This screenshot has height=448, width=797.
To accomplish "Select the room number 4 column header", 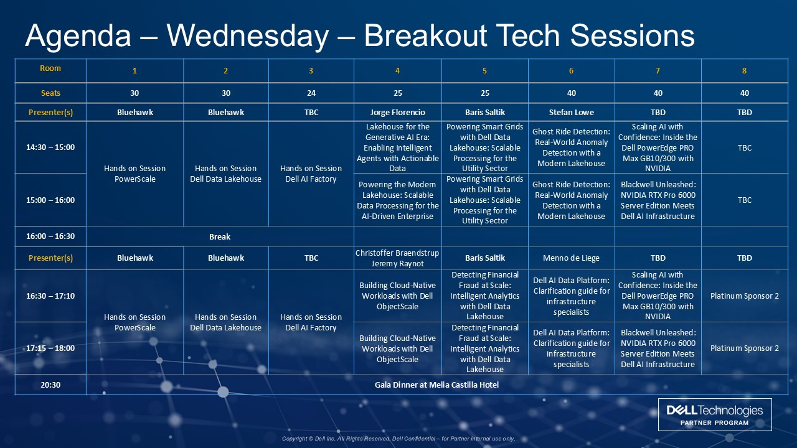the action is (397, 71).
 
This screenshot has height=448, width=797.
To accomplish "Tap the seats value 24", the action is (311, 93).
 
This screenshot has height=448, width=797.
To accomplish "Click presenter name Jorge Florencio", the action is (397, 113).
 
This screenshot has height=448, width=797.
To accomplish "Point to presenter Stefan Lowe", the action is (571, 113).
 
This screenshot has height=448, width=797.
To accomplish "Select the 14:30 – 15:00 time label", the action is (50, 147).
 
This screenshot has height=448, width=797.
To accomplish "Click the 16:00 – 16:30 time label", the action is (50, 236).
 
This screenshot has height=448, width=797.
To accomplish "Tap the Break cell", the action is (220, 237).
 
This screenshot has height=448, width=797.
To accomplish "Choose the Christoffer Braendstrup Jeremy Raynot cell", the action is (397, 258).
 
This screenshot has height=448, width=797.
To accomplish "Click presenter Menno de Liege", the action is (571, 258).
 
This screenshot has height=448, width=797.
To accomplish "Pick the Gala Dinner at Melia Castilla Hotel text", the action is (436, 385).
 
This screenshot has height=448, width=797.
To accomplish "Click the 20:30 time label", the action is (50, 385).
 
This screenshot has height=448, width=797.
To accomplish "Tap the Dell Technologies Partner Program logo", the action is (715, 414).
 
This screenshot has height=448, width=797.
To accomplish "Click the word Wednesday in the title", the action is (248, 35).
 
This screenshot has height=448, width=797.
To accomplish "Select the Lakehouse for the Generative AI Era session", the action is (397, 147).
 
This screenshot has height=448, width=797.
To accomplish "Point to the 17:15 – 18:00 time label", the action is (50, 348).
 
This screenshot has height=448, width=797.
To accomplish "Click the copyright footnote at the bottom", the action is (398, 439).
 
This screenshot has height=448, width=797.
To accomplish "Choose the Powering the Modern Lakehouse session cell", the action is (397, 200).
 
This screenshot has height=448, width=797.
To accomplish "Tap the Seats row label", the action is (50, 93).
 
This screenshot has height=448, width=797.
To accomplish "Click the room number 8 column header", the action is (744, 71).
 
